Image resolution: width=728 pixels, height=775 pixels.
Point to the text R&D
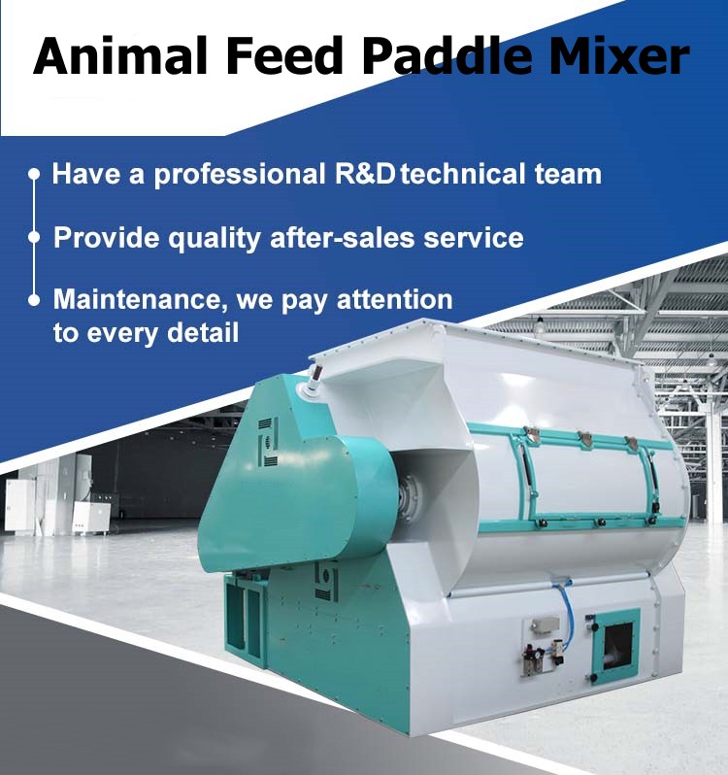pyautogui.click(x=366, y=174)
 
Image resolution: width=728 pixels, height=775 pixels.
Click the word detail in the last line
pyautogui.click(x=203, y=332)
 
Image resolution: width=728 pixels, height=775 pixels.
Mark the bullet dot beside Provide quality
pyautogui.click(x=34, y=237)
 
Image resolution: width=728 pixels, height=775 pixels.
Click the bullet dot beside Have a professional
pyautogui.click(x=34, y=174)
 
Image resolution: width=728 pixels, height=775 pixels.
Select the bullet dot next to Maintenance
pyautogui.click(x=34, y=300)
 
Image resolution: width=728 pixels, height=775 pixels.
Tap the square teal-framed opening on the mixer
pyautogui.click(x=615, y=646)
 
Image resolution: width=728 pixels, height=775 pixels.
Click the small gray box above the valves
pyautogui.click(x=546, y=625)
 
